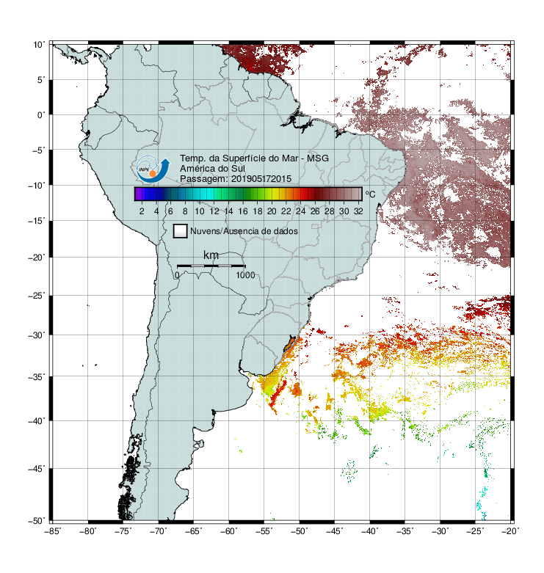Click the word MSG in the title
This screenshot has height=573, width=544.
(318, 158)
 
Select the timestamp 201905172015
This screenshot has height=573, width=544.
(261, 179)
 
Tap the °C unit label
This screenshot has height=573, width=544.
(370, 194)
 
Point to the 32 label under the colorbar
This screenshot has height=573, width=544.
(358, 211)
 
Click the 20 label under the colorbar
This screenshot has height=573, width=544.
(272, 211)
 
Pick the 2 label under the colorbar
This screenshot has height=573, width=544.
(142, 211)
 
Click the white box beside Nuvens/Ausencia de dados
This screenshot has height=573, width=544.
(181, 231)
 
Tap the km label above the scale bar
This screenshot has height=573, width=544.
(211, 255)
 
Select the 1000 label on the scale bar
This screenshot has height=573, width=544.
(245, 275)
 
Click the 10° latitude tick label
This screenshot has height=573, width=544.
(38, 45)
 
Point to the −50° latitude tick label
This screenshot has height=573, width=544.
(37, 521)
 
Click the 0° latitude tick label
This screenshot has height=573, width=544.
(40, 115)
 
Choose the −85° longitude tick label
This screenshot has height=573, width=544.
(53, 531)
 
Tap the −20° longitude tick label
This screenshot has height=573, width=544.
(510, 531)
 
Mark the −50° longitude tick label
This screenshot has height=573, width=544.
(299, 531)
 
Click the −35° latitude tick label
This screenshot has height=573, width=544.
(37, 376)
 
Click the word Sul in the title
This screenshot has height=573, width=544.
(238, 169)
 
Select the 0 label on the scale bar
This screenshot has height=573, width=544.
(177, 275)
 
